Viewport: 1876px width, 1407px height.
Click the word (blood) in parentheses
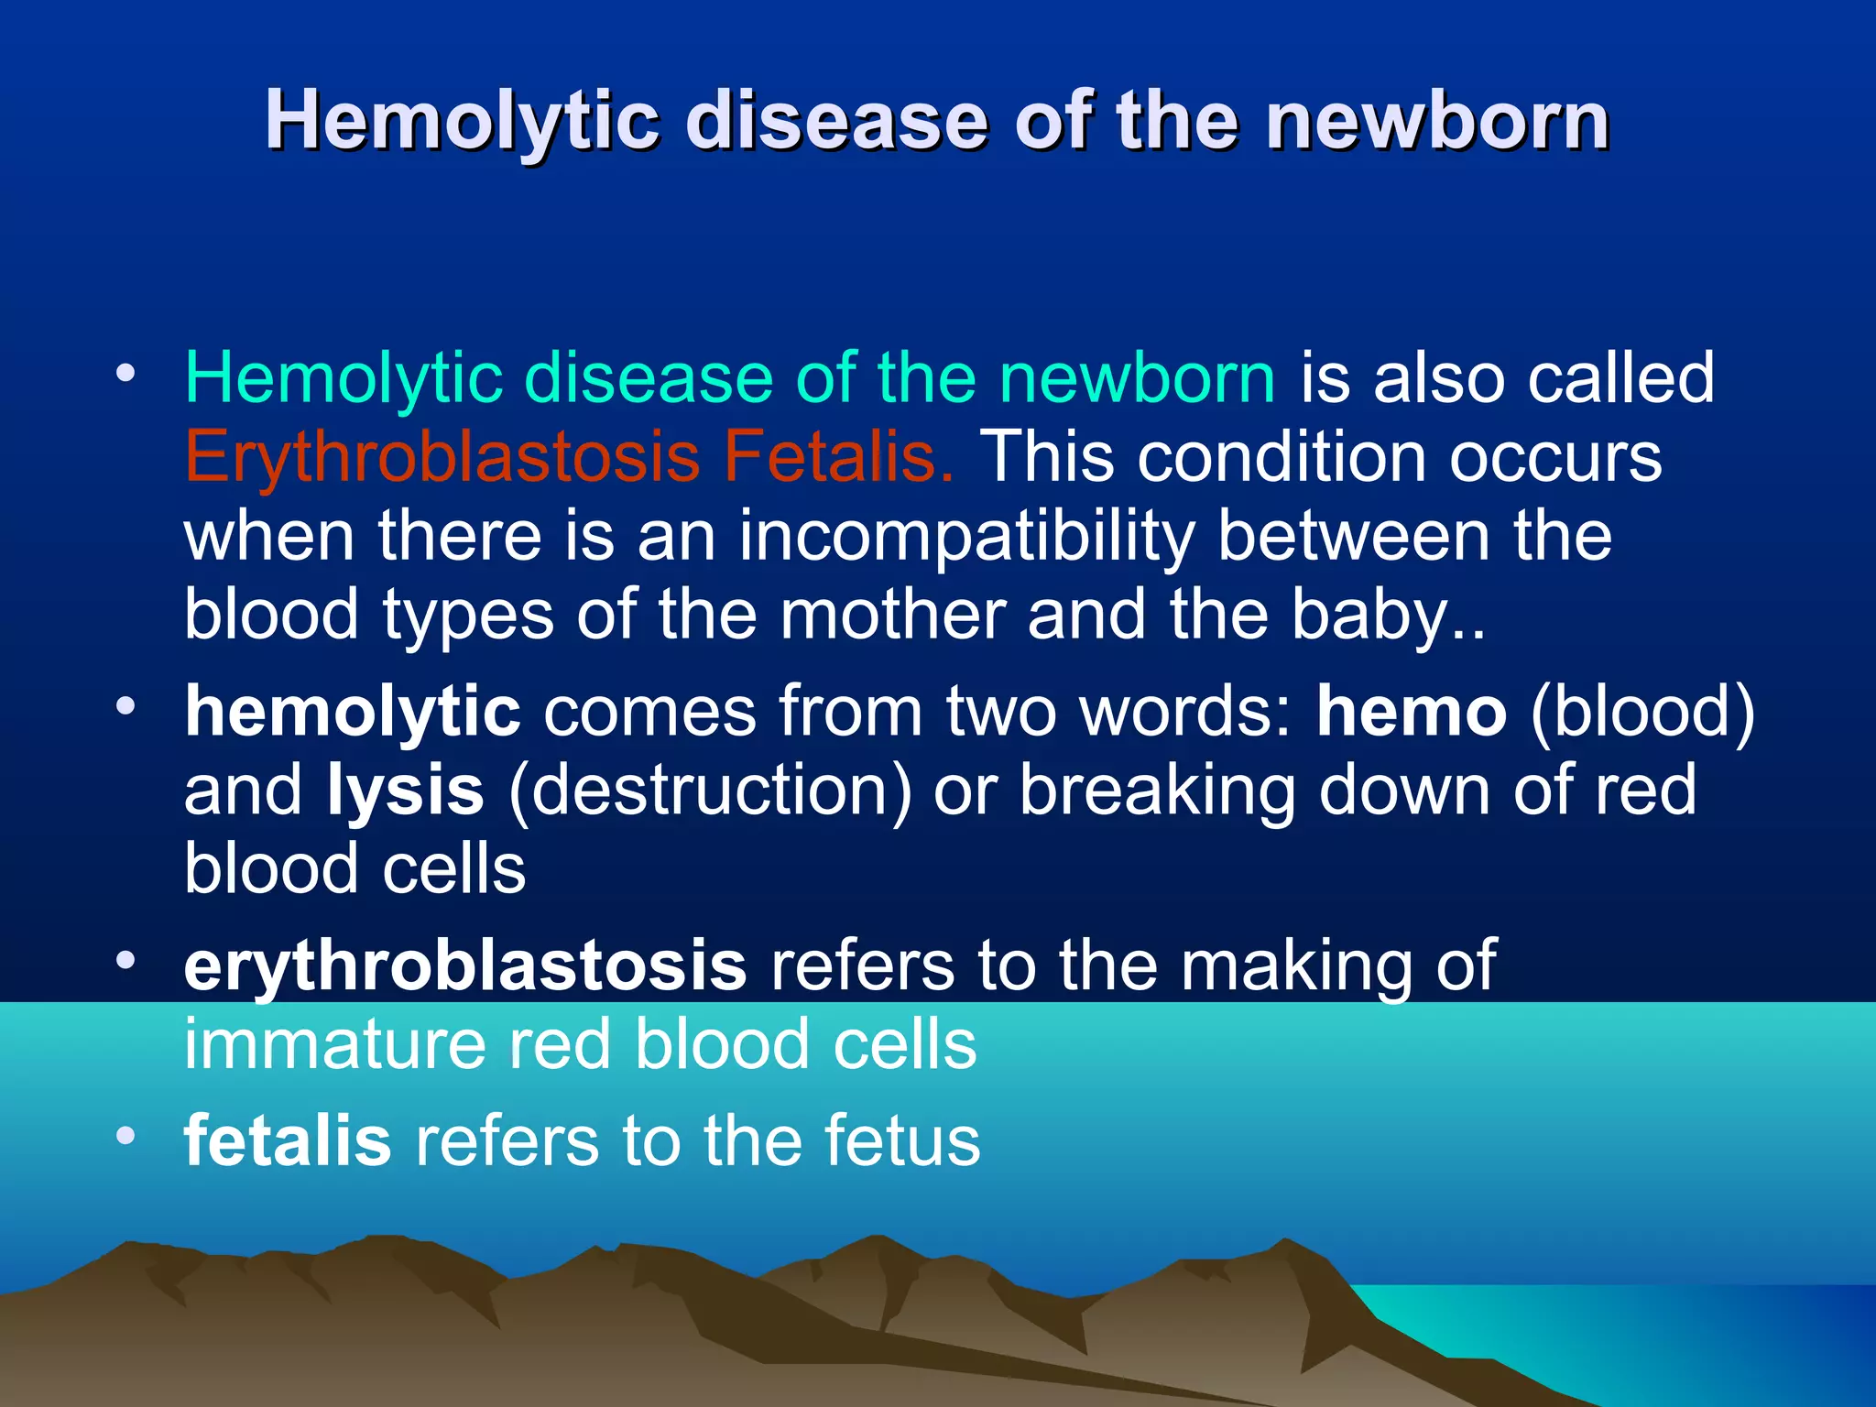pos(1642,713)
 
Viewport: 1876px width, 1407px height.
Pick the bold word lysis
pos(406,791)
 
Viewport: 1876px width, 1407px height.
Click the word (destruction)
pos(710,791)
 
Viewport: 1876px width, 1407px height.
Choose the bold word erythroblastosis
pos(465,966)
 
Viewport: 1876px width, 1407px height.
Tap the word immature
pos(334,1044)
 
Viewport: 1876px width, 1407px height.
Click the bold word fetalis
pos(288,1140)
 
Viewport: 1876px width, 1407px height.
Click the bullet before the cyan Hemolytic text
pos(125,374)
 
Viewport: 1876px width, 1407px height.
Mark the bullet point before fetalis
pos(125,1137)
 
